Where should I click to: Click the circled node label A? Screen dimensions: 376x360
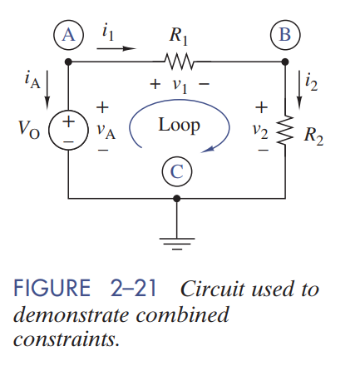click(68, 34)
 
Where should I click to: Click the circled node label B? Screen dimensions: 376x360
click(284, 34)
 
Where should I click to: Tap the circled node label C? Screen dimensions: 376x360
click(175, 172)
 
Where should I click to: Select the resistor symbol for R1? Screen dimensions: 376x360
click(176, 61)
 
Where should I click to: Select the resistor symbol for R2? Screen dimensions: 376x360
click(285, 129)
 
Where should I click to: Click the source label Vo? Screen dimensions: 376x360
click(28, 131)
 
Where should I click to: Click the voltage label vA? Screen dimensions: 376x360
click(105, 130)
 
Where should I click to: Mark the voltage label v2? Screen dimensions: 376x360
click(261, 130)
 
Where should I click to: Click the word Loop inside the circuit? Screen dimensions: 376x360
click(179, 126)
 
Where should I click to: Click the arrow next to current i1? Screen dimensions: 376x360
click(116, 48)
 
